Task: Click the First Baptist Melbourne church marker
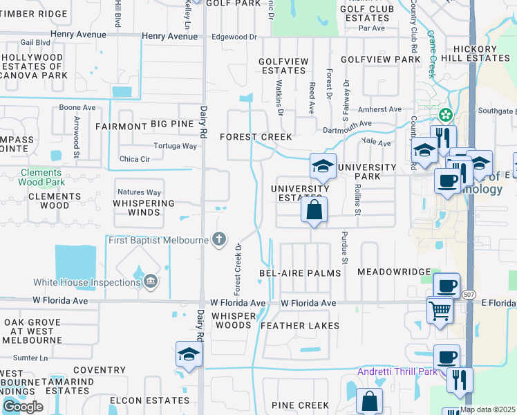click(x=219, y=239)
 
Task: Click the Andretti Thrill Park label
click(x=397, y=372)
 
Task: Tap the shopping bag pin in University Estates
click(x=314, y=210)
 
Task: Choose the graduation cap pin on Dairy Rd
click(x=189, y=354)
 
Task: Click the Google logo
click(x=23, y=406)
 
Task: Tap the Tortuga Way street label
click(x=178, y=146)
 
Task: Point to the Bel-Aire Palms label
click(x=300, y=273)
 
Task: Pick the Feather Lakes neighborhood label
click(x=300, y=326)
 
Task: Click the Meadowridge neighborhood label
click(x=394, y=273)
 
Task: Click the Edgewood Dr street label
click(x=234, y=36)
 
